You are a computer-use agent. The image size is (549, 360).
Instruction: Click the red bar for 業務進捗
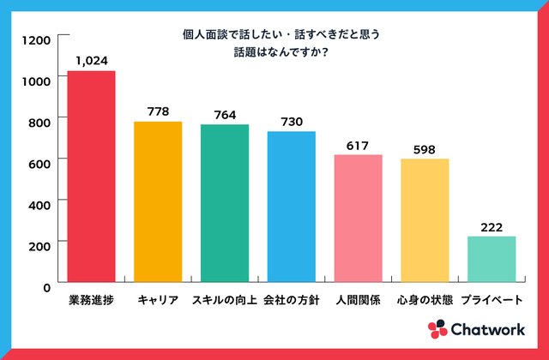pos(91,176)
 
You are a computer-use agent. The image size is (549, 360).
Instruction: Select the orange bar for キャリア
pos(158,201)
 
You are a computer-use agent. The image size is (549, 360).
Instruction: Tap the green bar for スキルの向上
pos(225,203)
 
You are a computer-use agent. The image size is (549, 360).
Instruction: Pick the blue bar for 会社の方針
pos(291,207)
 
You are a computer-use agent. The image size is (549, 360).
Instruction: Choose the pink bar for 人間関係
pos(358,218)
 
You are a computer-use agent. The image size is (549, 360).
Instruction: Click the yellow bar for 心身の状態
pos(425,220)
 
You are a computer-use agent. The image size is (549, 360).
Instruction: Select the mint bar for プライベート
pos(492,259)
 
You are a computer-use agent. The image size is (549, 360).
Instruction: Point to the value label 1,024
pos(91,61)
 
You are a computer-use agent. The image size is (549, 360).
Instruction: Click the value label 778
pos(158,111)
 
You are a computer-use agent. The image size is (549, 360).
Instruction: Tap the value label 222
pos(492,226)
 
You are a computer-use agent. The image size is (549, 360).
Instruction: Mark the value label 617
pos(358,145)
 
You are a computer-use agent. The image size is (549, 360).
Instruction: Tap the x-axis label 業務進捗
pos(91,301)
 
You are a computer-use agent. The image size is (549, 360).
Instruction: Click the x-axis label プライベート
pos(492,301)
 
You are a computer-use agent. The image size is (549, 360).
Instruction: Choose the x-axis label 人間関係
pos(358,301)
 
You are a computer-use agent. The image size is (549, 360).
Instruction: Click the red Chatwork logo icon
pos(437,329)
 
